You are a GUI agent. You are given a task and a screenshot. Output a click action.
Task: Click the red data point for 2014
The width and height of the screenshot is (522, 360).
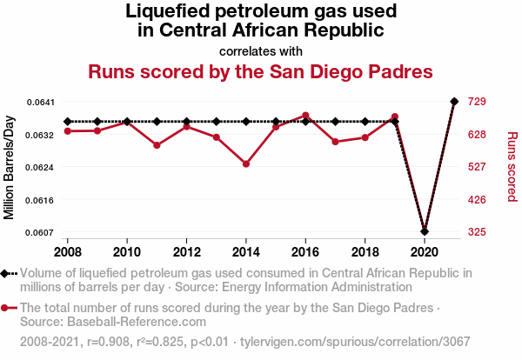(246, 163)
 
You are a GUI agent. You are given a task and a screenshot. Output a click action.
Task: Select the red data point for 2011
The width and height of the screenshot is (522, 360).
(157, 145)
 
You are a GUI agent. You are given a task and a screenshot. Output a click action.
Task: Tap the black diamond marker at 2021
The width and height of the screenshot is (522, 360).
(454, 102)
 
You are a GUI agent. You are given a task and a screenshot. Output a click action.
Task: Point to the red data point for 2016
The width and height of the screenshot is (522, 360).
(305, 116)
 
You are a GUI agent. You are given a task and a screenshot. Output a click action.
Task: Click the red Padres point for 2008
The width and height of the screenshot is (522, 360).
(68, 130)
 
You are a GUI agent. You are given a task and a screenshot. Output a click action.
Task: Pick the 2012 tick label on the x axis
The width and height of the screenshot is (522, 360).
(186, 251)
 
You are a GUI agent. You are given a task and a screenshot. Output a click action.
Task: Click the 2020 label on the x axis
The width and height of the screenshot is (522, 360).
(424, 251)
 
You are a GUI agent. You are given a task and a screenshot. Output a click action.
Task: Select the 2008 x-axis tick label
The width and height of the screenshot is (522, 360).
(68, 251)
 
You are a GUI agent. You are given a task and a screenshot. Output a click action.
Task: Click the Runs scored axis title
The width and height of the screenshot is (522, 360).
(512, 167)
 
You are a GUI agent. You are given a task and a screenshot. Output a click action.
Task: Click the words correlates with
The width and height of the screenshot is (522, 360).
(261, 50)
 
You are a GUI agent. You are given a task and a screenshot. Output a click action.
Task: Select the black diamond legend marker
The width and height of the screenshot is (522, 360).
(6, 273)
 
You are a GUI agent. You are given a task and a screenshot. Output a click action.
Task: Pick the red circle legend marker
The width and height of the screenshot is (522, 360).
(6, 308)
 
